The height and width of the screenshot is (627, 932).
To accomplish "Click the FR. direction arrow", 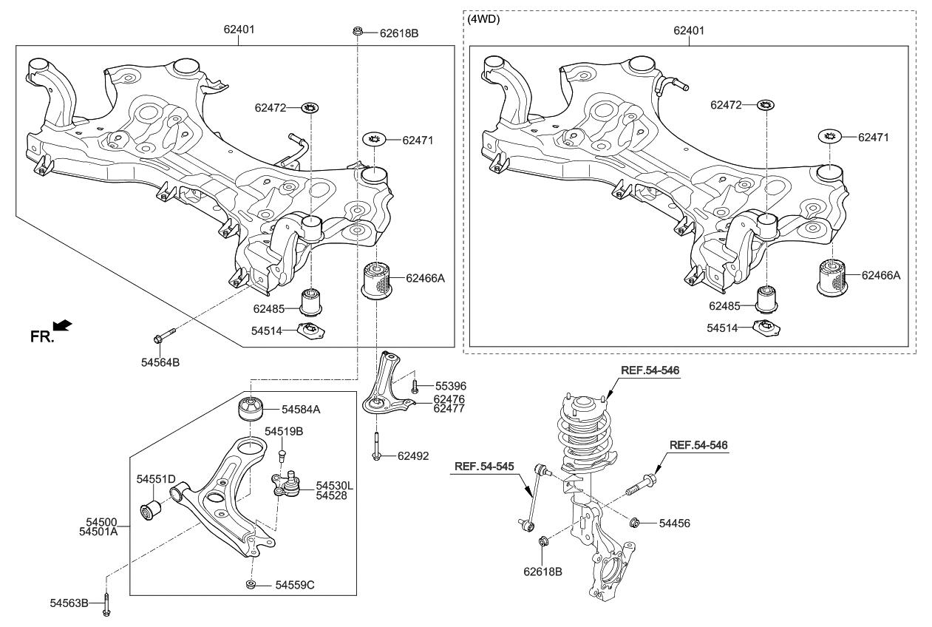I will tap(64, 325).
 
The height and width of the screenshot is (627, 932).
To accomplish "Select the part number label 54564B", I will tap(160, 362).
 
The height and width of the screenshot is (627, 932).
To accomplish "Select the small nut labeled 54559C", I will tap(251, 585).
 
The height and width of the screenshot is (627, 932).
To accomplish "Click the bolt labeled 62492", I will tap(376, 446).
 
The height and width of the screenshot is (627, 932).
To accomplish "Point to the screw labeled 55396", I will tap(415, 385).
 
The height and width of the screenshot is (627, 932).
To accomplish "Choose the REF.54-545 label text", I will tap(484, 467).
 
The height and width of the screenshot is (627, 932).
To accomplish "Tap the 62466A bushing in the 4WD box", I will tap(833, 280).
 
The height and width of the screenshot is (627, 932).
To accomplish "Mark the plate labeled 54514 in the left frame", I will tap(311, 331).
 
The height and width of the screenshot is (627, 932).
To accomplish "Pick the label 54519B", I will tap(285, 431).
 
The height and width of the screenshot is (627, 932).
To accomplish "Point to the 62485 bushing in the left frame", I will tap(313, 300).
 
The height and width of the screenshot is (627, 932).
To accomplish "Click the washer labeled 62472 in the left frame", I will tap(311, 109).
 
